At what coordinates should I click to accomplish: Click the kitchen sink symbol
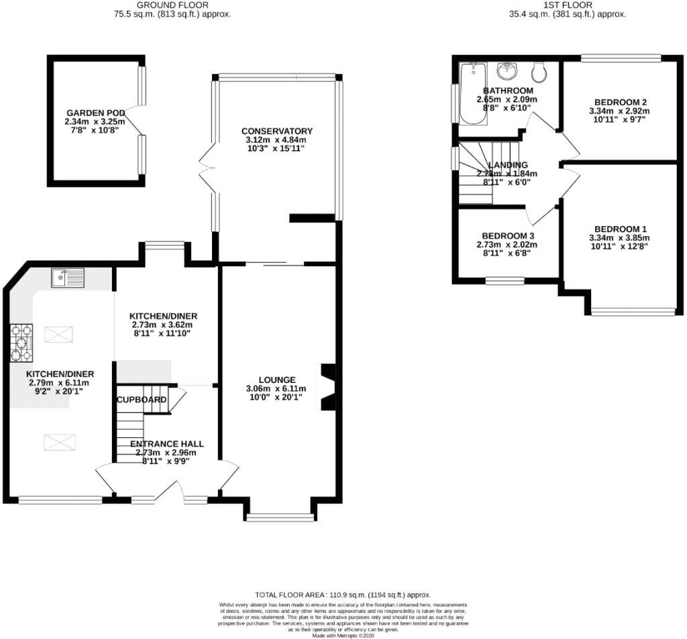point(68,276)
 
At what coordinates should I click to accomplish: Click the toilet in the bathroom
point(538,72)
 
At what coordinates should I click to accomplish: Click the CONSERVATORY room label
point(277,131)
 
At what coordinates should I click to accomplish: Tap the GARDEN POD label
point(94,113)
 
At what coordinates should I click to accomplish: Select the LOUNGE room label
point(277,380)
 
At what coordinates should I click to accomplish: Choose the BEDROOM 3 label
point(509,236)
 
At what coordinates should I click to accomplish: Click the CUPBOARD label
point(142,400)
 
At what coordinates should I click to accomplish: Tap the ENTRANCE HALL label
point(166,444)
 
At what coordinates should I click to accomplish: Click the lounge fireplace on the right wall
point(328,387)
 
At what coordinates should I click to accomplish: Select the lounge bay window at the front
point(280,516)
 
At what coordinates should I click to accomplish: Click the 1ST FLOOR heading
point(568,5)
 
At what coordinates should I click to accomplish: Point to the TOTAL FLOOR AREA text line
point(343,595)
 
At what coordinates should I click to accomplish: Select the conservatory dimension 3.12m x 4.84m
point(277,139)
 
